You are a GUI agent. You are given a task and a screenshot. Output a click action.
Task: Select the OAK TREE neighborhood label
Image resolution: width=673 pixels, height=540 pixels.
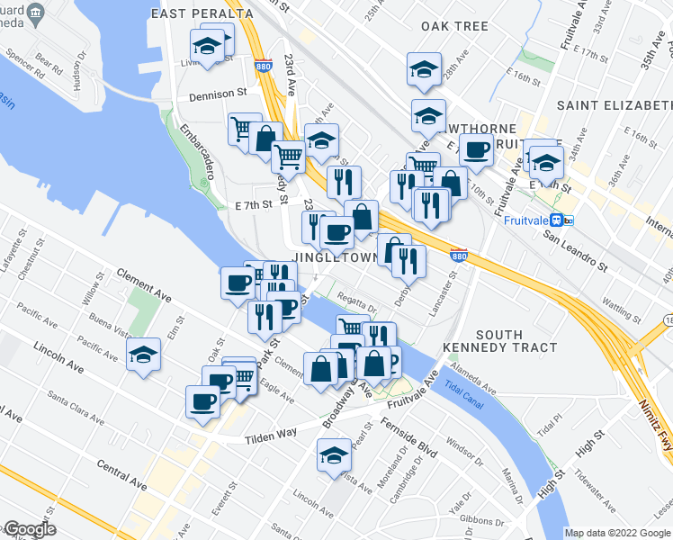454,27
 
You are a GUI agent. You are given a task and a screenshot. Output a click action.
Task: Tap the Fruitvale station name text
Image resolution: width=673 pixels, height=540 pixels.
527,220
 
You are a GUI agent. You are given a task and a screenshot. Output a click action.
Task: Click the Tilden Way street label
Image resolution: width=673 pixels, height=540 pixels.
272,435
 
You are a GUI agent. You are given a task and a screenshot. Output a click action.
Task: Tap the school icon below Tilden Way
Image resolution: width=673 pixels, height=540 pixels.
334,454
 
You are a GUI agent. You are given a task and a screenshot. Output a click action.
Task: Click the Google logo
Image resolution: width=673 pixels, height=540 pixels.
29,529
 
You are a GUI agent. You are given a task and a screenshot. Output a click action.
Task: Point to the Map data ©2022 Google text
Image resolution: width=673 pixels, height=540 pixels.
617,533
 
